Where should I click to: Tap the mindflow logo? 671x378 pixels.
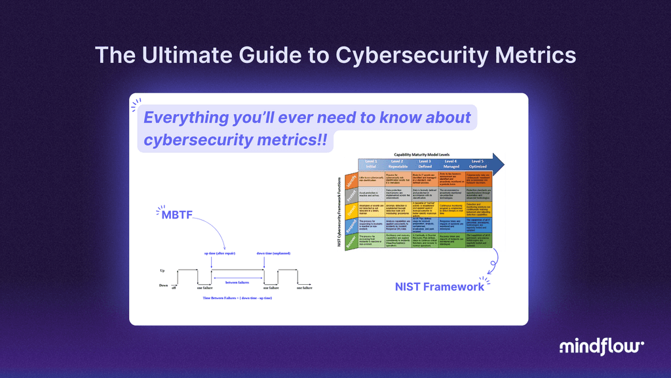click(602, 347)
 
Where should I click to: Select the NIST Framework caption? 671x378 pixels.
click(439, 286)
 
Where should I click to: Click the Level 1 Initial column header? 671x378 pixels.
click(372, 164)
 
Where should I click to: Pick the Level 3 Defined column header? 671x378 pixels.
click(425, 164)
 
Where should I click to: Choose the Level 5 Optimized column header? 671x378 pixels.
click(478, 164)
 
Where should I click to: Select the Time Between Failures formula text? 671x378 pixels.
click(237, 297)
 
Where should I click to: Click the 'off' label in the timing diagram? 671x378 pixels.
click(174, 287)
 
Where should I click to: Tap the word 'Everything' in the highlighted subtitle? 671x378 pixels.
click(182, 117)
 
